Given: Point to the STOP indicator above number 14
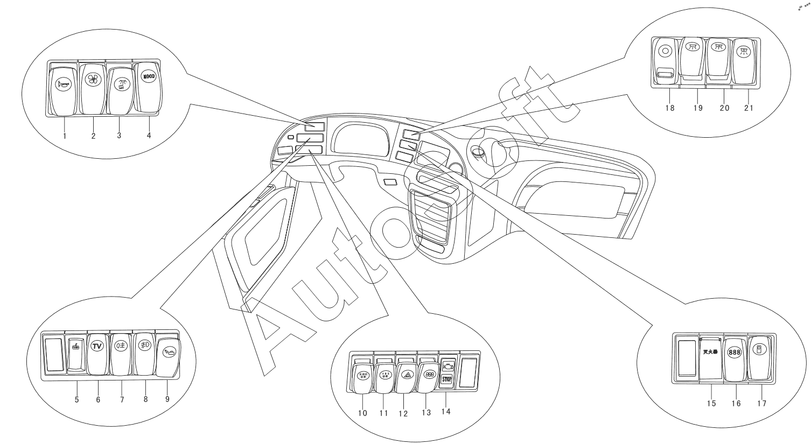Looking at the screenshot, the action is click(446, 379).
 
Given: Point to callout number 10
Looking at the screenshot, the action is click(362, 413).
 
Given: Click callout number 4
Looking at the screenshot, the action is click(149, 135).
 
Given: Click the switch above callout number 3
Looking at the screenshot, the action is click(120, 88).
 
